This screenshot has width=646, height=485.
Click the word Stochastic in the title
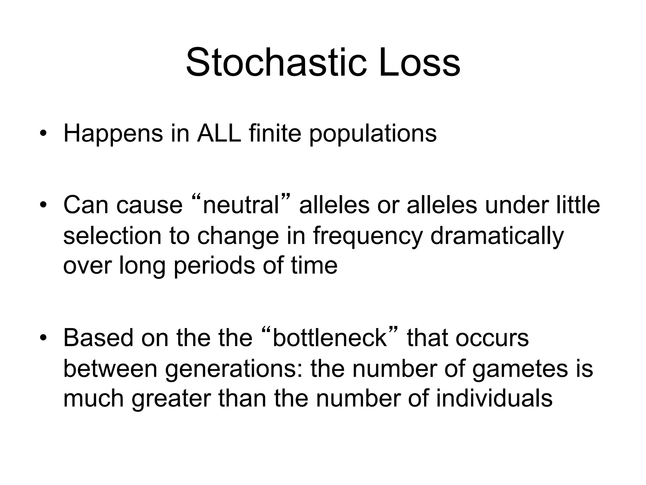coord(276,62)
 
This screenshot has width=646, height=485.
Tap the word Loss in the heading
coord(420,62)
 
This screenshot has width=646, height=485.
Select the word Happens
coord(113,134)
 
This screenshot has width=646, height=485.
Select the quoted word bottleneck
coord(329,338)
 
